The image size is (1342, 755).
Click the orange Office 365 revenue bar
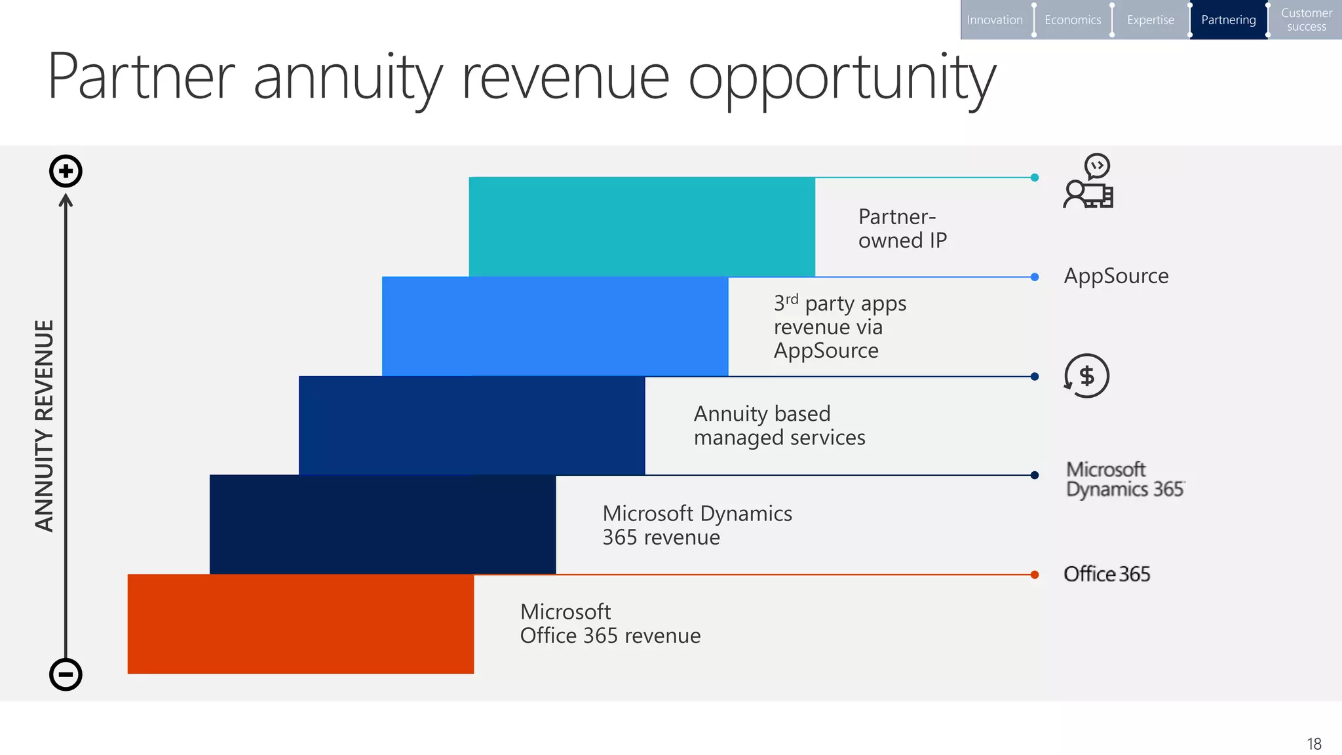(300, 623)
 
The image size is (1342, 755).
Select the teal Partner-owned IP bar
(642, 226)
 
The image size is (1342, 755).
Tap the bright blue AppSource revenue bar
(554, 326)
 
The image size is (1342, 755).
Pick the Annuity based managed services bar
(472, 425)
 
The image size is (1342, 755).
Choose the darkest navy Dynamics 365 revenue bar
(382, 524)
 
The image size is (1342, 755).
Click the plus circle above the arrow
(66, 171)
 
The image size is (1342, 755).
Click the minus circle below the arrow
(66, 674)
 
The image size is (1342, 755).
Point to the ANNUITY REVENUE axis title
(44, 426)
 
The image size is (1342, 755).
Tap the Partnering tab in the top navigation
(1228, 20)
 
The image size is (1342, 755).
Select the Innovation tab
(994, 20)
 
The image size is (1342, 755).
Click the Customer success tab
(1306, 20)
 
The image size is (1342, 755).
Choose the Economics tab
(1072, 20)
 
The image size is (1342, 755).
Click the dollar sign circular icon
(1086, 376)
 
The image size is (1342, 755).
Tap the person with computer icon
(1088, 182)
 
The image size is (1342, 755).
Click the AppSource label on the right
(1115, 276)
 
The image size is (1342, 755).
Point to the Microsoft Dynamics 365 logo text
(1124, 479)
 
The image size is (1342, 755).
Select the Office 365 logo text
(1106, 574)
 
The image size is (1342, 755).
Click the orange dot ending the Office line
(1034, 575)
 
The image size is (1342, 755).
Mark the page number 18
(1314, 744)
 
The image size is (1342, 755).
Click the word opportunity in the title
(841, 79)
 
